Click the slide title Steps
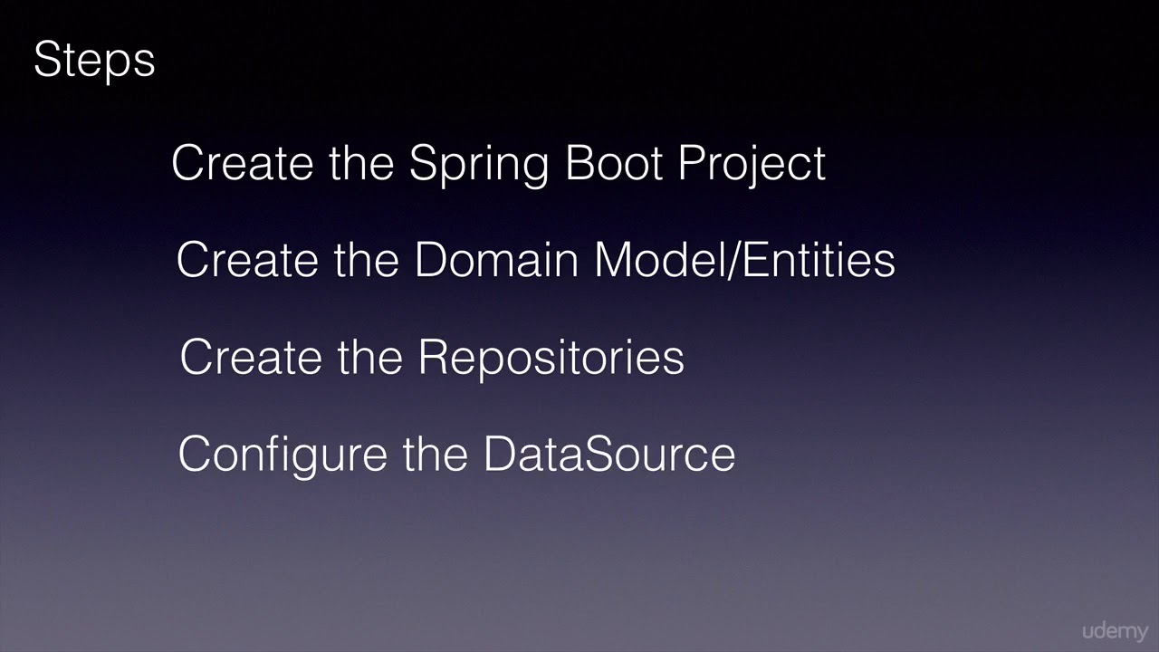point(94,61)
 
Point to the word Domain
point(496,260)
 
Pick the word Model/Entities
point(744,260)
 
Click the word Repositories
point(551,358)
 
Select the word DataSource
point(608,453)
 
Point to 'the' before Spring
point(361,163)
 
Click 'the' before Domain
point(367,260)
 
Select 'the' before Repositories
point(370,357)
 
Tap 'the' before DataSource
point(436,453)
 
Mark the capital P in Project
point(692,163)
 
